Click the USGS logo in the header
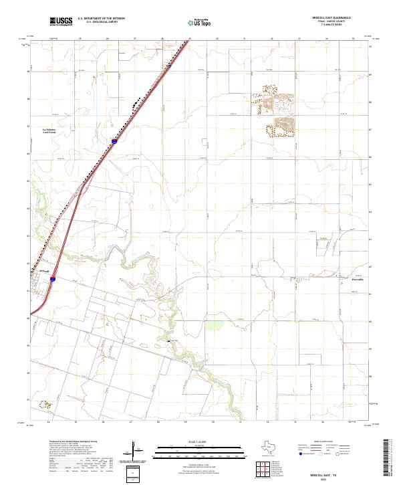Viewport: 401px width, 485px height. pos(61,21)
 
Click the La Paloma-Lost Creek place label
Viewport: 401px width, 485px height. pos(49,130)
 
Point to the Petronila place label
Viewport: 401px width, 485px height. pos(359,279)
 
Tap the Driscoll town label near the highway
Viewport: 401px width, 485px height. pos(43,270)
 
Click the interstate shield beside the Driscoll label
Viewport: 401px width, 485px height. pos(53,282)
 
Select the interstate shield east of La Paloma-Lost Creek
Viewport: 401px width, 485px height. pos(115,141)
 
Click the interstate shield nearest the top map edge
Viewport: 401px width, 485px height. pos(169,66)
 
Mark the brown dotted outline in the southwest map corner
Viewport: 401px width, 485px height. pos(45,404)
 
